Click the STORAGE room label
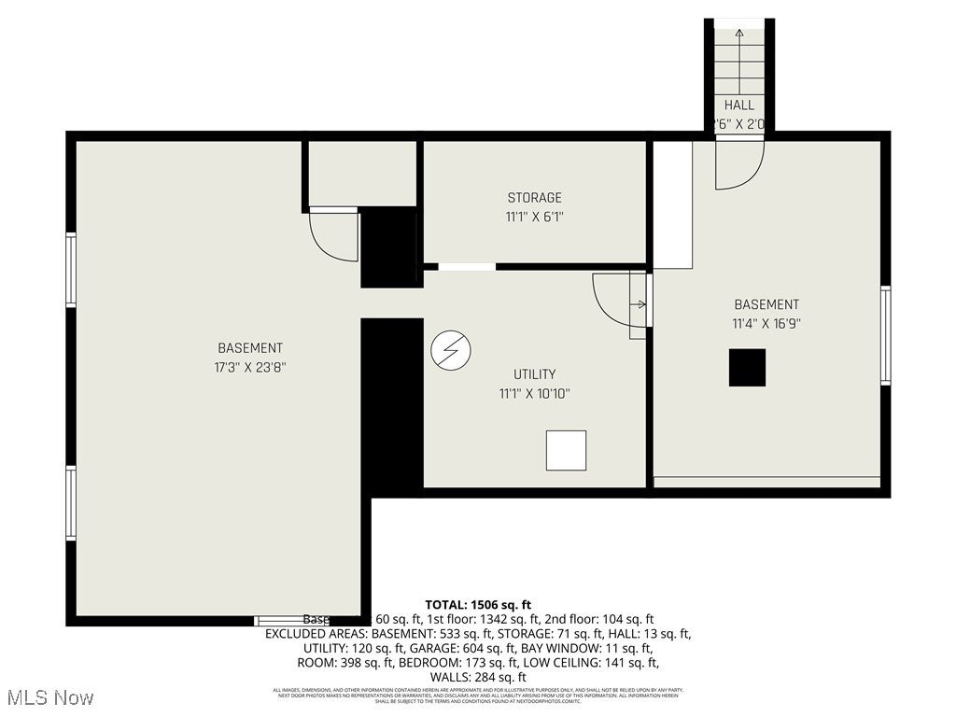pos(534,198)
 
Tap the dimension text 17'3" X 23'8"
pos(249,367)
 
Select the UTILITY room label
pos(534,374)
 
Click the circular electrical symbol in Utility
pos(451,351)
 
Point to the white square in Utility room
pos(566,450)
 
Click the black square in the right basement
pos(747,368)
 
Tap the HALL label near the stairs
pos(738,105)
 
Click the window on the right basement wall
pos(885,335)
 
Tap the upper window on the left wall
pos(71,269)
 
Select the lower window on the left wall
pos(71,502)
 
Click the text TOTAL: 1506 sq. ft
pos(478,605)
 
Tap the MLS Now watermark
pos(49,697)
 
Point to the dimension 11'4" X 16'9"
pos(766,323)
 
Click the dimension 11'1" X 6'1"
pos(534,217)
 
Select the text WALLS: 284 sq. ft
pos(478,677)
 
